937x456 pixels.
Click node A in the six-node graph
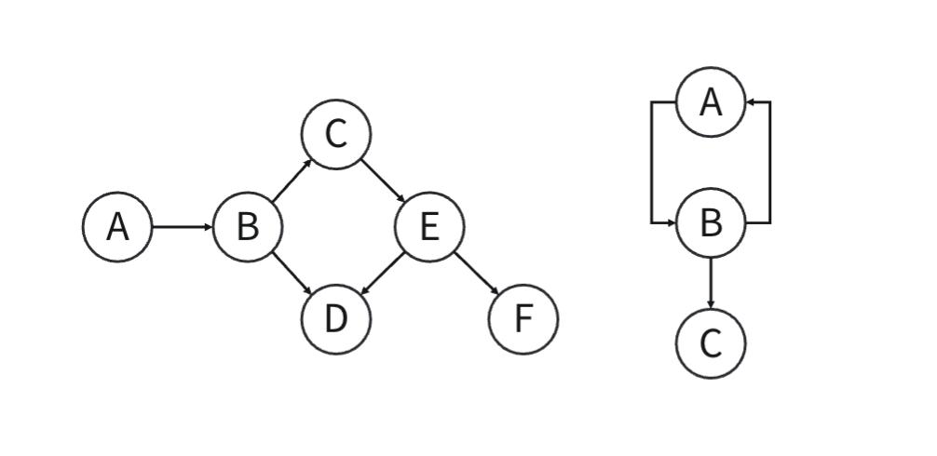(x=117, y=226)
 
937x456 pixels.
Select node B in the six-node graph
(x=247, y=226)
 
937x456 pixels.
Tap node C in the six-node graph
(x=336, y=135)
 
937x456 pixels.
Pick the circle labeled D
(x=336, y=318)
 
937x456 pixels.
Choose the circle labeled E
(x=429, y=226)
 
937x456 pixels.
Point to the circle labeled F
(x=523, y=318)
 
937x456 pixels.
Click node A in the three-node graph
(x=711, y=101)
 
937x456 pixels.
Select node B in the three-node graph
(x=711, y=223)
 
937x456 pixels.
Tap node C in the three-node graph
(x=711, y=344)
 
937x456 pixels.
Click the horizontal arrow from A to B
(x=182, y=226)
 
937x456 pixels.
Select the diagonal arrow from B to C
(x=292, y=181)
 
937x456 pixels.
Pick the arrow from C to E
(x=383, y=181)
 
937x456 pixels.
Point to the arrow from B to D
(x=292, y=273)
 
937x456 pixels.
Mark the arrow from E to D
(x=383, y=273)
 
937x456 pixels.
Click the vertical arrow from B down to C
(x=711, y=284)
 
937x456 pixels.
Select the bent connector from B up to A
(x=770, y=163)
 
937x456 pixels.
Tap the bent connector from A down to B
(x=651, y=163)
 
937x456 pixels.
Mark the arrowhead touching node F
(x=496, y=291)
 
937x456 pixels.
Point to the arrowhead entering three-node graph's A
(x=752, y=101)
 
